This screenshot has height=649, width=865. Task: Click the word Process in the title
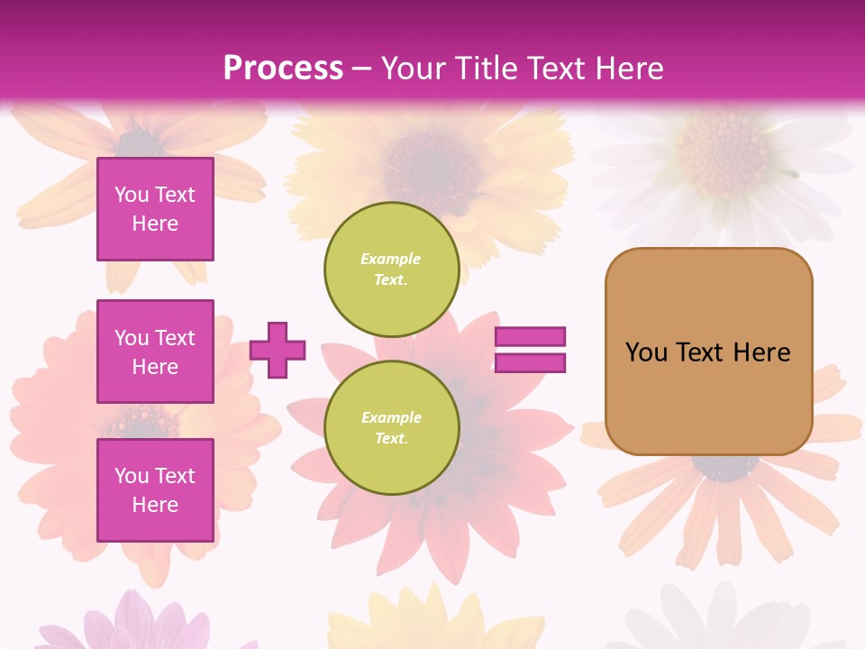click(283, 69)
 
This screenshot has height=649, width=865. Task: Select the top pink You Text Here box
click(155, 209)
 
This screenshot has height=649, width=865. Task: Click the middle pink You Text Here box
click(155, 352)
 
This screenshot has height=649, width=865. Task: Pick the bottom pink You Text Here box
click(155, 489)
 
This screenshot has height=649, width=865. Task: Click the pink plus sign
click(278, 350)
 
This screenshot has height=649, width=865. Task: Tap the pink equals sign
click(530, 350)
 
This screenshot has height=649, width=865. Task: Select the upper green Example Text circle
click(391, 270)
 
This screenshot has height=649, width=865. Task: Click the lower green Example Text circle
click(391, 428)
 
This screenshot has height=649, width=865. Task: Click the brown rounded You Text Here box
click(708, 352)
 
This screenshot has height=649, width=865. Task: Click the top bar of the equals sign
click(530, 336)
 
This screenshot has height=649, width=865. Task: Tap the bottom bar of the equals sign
click(530, 363)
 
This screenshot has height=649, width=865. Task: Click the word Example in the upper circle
click(391, 259)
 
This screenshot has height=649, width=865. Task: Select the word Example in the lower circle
click(391, 417)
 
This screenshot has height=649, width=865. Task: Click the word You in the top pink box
click(132, 195)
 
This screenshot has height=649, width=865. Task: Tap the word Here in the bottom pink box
click(155, 505)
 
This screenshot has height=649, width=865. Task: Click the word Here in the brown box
click(761, 352)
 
